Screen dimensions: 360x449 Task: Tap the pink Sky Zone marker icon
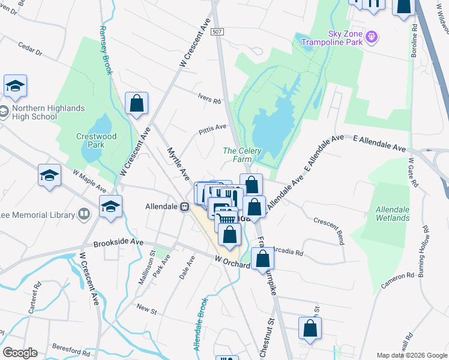pyautogui.click(x=372, y=37)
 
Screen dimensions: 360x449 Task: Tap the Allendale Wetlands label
pyautogui.click(x=393, y=214)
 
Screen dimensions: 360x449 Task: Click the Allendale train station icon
pyautogui.click(x=185, y=206)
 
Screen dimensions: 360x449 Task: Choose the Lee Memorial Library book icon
pyautogui.click(x=85, y=214)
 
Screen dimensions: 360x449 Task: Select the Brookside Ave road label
pyautogui.click(x=118, y=243)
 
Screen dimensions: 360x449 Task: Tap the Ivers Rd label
pyautogui.click(x=209, y=99)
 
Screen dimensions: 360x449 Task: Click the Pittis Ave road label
pyautogui.click(x=212, y=128)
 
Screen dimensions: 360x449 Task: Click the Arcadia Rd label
pyautogui.click(x=288, y=250)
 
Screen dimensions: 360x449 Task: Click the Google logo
pyautogui.click(x=20, y=353)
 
